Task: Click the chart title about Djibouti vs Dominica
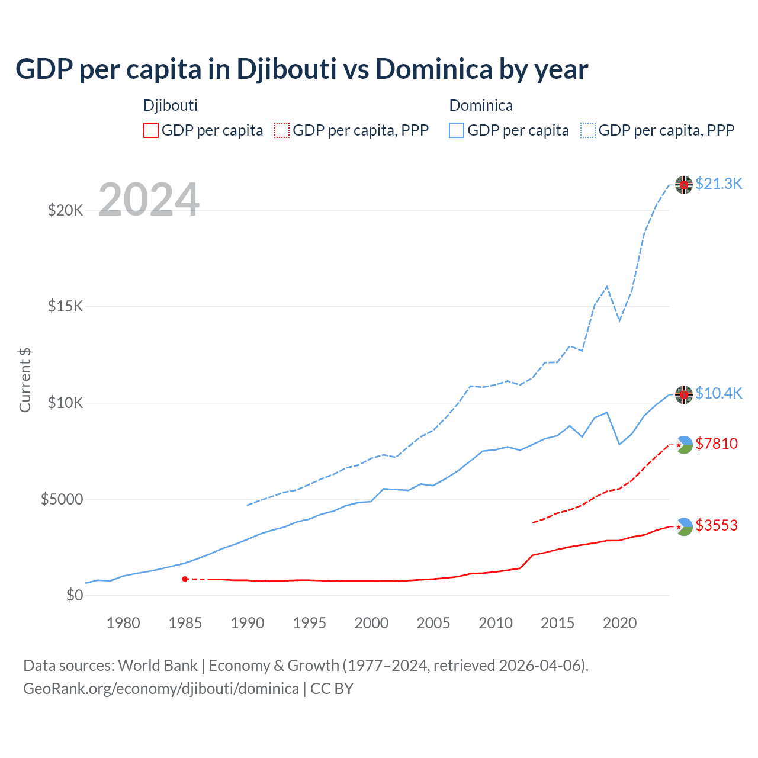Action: (x=301, y=69)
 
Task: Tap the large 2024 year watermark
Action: (x=149, y=200)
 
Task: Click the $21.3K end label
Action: (x=718, y=184)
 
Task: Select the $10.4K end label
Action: (x=718, y=393)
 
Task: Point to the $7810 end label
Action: (x=717, y=444)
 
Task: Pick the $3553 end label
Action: (x=717, y=525)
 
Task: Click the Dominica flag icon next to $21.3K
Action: (x=684, y=185)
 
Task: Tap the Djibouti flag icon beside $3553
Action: (x=684, y=526)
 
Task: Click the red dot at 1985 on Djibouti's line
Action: (x=185, y=579)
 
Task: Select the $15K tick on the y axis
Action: (x=66, y=306)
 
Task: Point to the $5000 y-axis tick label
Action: (x=62, y=499)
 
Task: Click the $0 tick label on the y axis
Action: (x=75, y=595)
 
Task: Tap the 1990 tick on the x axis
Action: (x=248, y=623)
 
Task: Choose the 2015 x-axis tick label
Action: (x=557, y=623)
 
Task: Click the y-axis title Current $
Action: (x=25, y=380)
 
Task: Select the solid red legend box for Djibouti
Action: (x=151, y=130)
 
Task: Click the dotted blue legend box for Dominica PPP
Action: (x=588, y=130)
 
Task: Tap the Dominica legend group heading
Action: (x=481, y=105)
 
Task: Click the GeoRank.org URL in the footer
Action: (x=161, y=689)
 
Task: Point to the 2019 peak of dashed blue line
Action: (x=607, y=287)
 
